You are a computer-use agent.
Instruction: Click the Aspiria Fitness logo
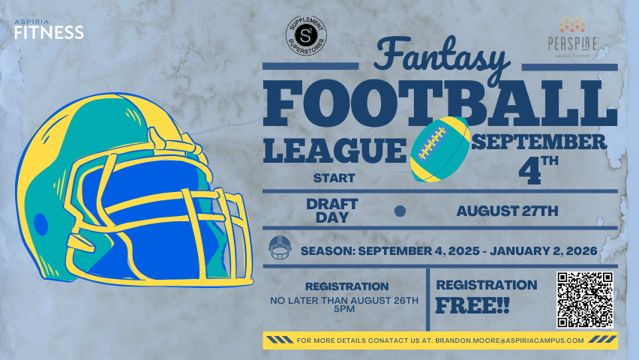(49, 29)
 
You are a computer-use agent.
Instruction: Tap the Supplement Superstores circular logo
(306, 36)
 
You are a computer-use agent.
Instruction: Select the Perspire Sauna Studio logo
(572, 37)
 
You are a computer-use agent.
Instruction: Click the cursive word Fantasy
(441, 55)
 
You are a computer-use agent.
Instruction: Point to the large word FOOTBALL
(440, 103)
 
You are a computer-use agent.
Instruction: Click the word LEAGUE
(334, 151)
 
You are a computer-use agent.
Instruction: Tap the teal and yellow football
(439, 148)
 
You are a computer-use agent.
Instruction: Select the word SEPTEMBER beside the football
(539, 142)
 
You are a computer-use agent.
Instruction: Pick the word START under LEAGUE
(334, 178)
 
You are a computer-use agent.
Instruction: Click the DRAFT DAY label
(332, 210)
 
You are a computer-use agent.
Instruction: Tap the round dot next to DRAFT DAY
(400, 211)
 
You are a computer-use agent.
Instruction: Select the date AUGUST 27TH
(507, 211)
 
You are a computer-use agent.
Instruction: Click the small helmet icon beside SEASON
(280, 247)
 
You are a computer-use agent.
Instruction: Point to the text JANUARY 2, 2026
(544, 250)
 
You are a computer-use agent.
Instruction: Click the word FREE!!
(472, 305)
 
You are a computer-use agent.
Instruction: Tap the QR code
(585, 300)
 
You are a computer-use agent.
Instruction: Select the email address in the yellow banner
(509, 340)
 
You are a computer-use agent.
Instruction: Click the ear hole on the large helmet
(40, 224)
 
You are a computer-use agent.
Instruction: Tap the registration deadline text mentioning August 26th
(344, 304)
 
